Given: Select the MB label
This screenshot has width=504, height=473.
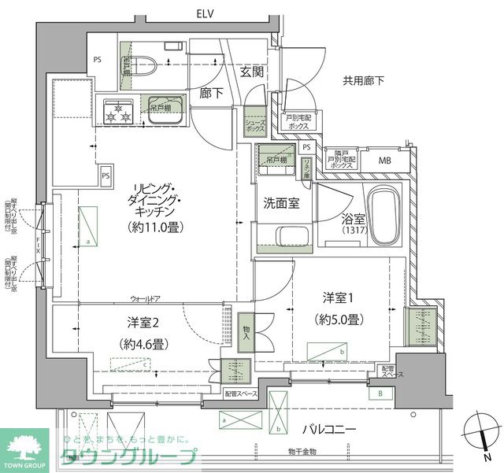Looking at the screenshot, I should [x=385, y=161].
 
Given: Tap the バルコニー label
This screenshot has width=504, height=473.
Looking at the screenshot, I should [x=330, y=430].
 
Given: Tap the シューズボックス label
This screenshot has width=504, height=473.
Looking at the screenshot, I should [x=254, y=126].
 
